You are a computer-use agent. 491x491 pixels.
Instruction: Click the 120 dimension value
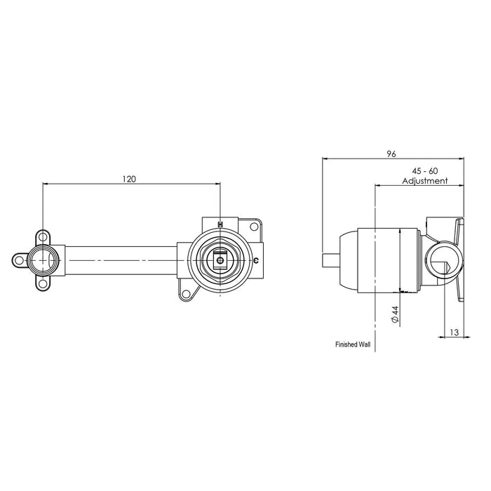(129, 179)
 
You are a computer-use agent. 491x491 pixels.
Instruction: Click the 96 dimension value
(391, 154)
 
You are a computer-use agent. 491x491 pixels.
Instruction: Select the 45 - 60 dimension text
(424, 171)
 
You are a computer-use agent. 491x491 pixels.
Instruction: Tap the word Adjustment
(425, 181)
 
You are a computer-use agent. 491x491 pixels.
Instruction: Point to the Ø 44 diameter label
(394, 314)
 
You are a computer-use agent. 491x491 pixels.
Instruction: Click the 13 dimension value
(454, 332)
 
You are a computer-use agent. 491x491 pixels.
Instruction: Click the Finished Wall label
(353, 344)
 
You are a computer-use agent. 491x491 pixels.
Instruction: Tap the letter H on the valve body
(220, 224)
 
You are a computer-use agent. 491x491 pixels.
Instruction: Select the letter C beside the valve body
(256, 260)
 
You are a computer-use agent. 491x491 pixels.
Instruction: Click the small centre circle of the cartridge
(220, 260)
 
